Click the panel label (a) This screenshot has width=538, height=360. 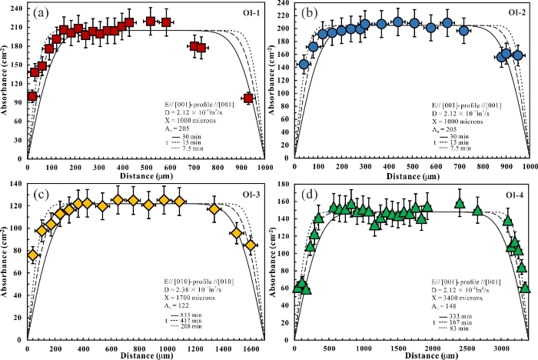pos(39,12)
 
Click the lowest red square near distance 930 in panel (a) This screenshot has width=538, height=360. pos(248,98)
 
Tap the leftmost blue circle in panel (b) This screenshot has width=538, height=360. pos(304,64)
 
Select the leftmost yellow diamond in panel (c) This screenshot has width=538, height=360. pos(32,255)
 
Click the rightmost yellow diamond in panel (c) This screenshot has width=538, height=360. pos(251,245)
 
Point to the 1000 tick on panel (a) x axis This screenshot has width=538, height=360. pos(265,168)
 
